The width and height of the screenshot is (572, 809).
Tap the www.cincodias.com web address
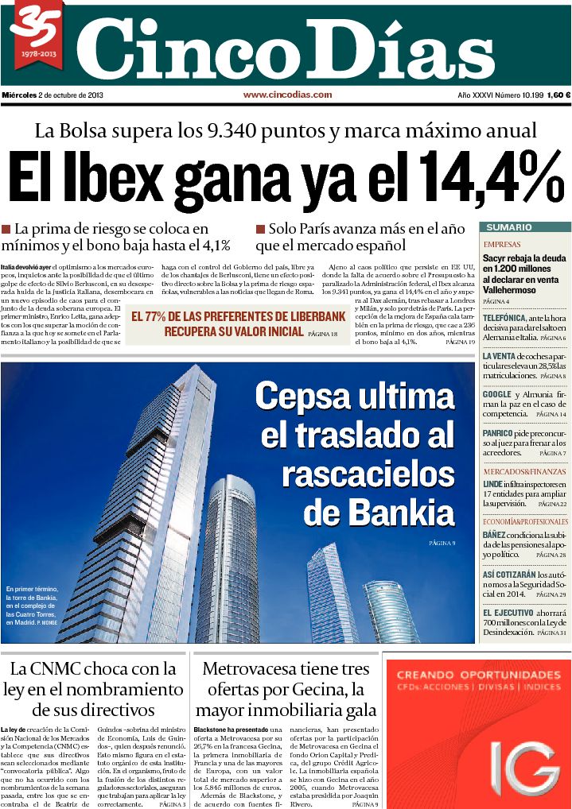tap(287, 95)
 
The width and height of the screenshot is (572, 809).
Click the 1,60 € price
tap(557, 95)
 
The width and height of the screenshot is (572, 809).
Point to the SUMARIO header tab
tap(509, 227)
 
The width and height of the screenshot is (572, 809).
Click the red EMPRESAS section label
tap(502, 245)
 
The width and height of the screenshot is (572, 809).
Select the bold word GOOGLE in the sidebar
tap(497, 394)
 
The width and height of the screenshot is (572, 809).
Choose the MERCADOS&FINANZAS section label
tap(526, 472)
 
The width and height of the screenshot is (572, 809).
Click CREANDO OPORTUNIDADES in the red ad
tap(477, 674)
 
